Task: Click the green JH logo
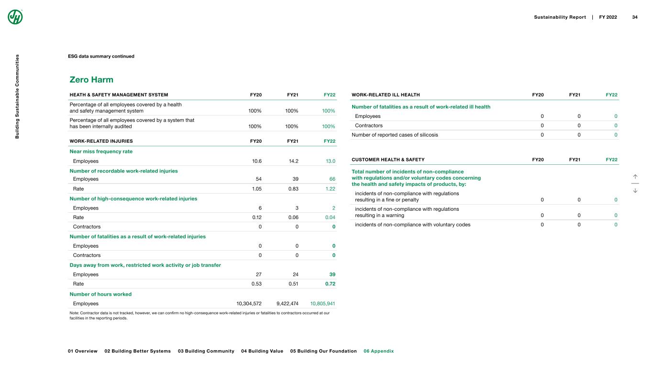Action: [15, 17]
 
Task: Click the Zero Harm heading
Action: [91, 79]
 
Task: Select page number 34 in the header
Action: [635, 17]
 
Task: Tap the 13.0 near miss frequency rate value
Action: [330, 161]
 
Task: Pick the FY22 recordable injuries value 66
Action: [332, 179]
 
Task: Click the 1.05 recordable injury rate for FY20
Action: [256, 189]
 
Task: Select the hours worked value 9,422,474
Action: [288, 303]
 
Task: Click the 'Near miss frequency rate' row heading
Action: [101, 151]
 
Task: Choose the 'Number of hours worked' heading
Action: [100, 294]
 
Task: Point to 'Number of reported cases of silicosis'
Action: [395, 135]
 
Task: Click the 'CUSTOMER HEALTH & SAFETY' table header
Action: [388, 160]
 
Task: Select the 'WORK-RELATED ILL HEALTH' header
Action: [386, 95]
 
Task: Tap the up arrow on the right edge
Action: [635, 177]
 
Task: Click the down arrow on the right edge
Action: [635, 190]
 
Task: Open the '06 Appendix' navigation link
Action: [378, 351]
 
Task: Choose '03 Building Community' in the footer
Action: [206, 351]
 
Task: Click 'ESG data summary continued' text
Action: [101, 57]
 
